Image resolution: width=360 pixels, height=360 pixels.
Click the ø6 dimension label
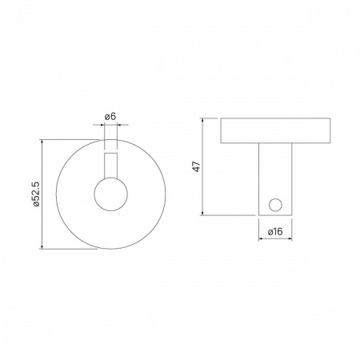pyautogui.click(x=110, y=117)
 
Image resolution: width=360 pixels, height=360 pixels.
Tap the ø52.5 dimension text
pyautogui.click(x=36, y=194)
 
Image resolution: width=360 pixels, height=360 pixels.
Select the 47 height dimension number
pyautogui.click(x=197, y=166)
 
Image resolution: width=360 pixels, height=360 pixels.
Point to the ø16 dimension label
pyautogui.click(x=275, y=231)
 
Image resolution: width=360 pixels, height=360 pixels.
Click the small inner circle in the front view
pyautogui.click(x=110, y=194)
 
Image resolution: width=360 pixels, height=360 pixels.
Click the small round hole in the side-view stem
pyautogui.click(x=275, y=205)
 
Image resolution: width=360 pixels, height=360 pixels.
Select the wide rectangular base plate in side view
pyautogui.click(x=275, y=130)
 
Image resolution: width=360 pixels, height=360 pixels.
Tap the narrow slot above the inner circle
pyautogui.click(x=110, y=166)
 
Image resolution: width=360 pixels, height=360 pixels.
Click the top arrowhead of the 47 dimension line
pyautogui.click(x=203, y=120)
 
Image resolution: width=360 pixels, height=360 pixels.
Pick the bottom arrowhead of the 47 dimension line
pyautogui.click(x=203, y=213)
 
